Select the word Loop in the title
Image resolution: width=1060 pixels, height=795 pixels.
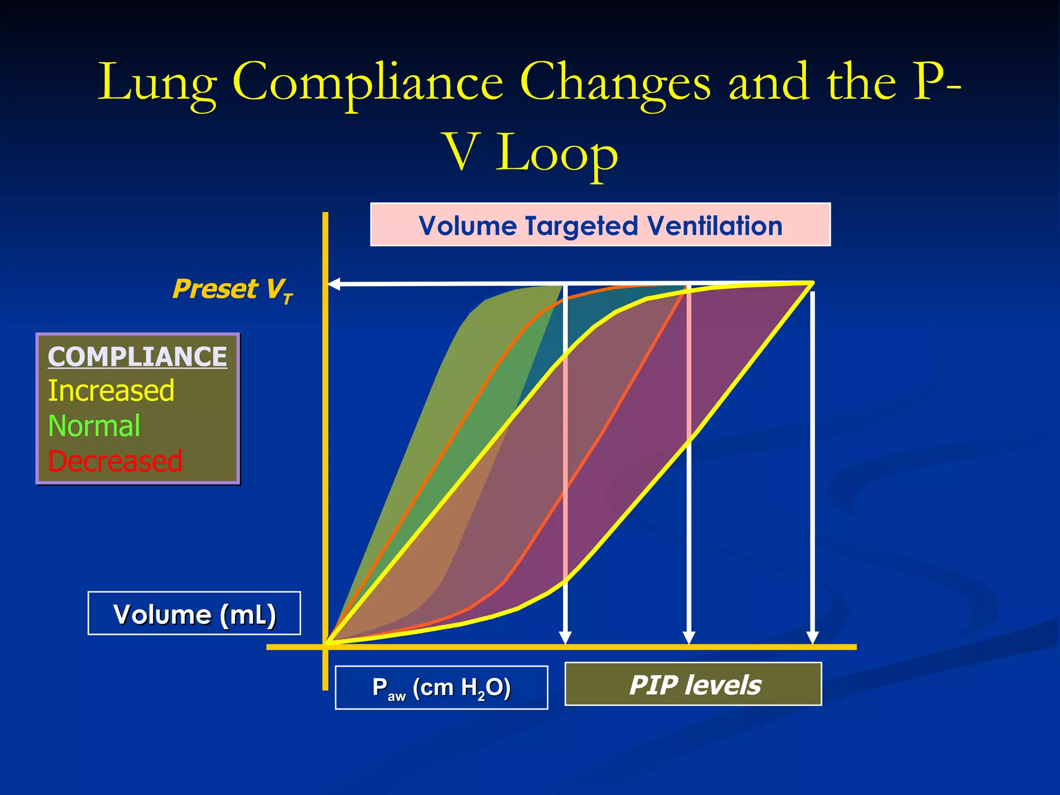pyautogui.click(x=557, y=153)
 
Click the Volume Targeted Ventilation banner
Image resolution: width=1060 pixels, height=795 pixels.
pyautogui.click(x=600, y=225)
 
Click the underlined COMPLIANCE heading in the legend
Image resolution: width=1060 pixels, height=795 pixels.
pyautogui.click(x=137, y=357)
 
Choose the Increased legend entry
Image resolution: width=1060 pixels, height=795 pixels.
pyautogui.click(x=111, y=391)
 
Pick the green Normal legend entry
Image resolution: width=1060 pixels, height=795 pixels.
pyautogui.click(x=94, y=426)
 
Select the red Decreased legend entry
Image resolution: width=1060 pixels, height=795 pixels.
pyautogui.click(x=115, y=461)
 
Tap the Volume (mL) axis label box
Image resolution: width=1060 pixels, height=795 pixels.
pyautogui.click(x=194, y=613)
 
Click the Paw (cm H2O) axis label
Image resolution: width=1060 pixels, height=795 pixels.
pyautogui.click(x=441, y=688)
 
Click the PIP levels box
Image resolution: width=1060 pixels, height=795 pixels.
pyautogui.click(x=693, y=684)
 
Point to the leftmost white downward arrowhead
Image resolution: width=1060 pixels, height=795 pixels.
pyautogui.click(x=565, y=637)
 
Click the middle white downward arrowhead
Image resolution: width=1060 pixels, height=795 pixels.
pyautogui.click(x=688, y=637)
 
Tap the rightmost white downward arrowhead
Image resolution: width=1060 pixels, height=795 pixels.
pyautogui.click(x=812, y=637)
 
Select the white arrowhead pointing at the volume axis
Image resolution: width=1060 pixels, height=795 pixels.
pyautogui.click(x=334, y=284)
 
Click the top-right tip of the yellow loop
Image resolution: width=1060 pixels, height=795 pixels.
pyautogui.click(x=813, y=283)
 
